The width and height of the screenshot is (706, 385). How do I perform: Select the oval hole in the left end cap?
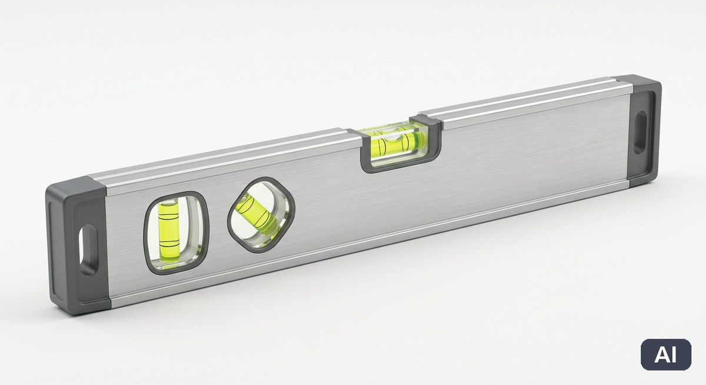(x=88, y=250)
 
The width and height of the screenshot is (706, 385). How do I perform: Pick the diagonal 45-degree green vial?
(x=257, y=215)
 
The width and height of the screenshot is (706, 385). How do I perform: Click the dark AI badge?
(x=666, y=355)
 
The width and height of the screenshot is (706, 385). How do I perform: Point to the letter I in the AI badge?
(x=674, y=355)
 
